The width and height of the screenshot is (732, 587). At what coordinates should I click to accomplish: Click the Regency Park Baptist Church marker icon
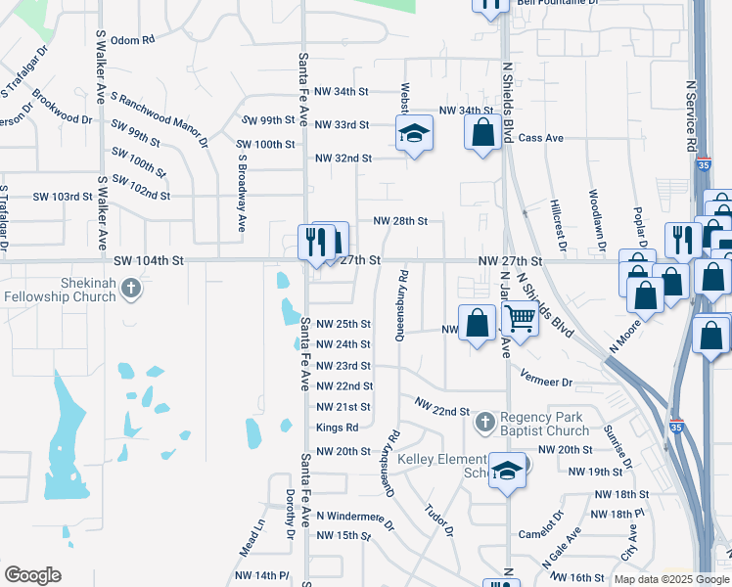(483, 424)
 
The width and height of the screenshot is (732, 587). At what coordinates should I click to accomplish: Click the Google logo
(32, 574)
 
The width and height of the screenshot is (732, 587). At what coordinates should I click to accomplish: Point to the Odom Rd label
(133, 40)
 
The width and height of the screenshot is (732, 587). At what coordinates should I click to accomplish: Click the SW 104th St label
(149, 261)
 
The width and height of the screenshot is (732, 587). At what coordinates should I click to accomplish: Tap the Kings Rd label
(337, 428)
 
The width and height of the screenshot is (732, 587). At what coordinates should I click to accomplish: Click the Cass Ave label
(541, 138)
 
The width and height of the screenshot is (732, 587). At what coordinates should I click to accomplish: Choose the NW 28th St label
(400, 221)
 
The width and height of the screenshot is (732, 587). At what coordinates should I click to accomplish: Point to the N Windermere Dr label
(355, 518)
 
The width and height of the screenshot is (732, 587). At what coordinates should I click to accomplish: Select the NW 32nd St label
(343, 158)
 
